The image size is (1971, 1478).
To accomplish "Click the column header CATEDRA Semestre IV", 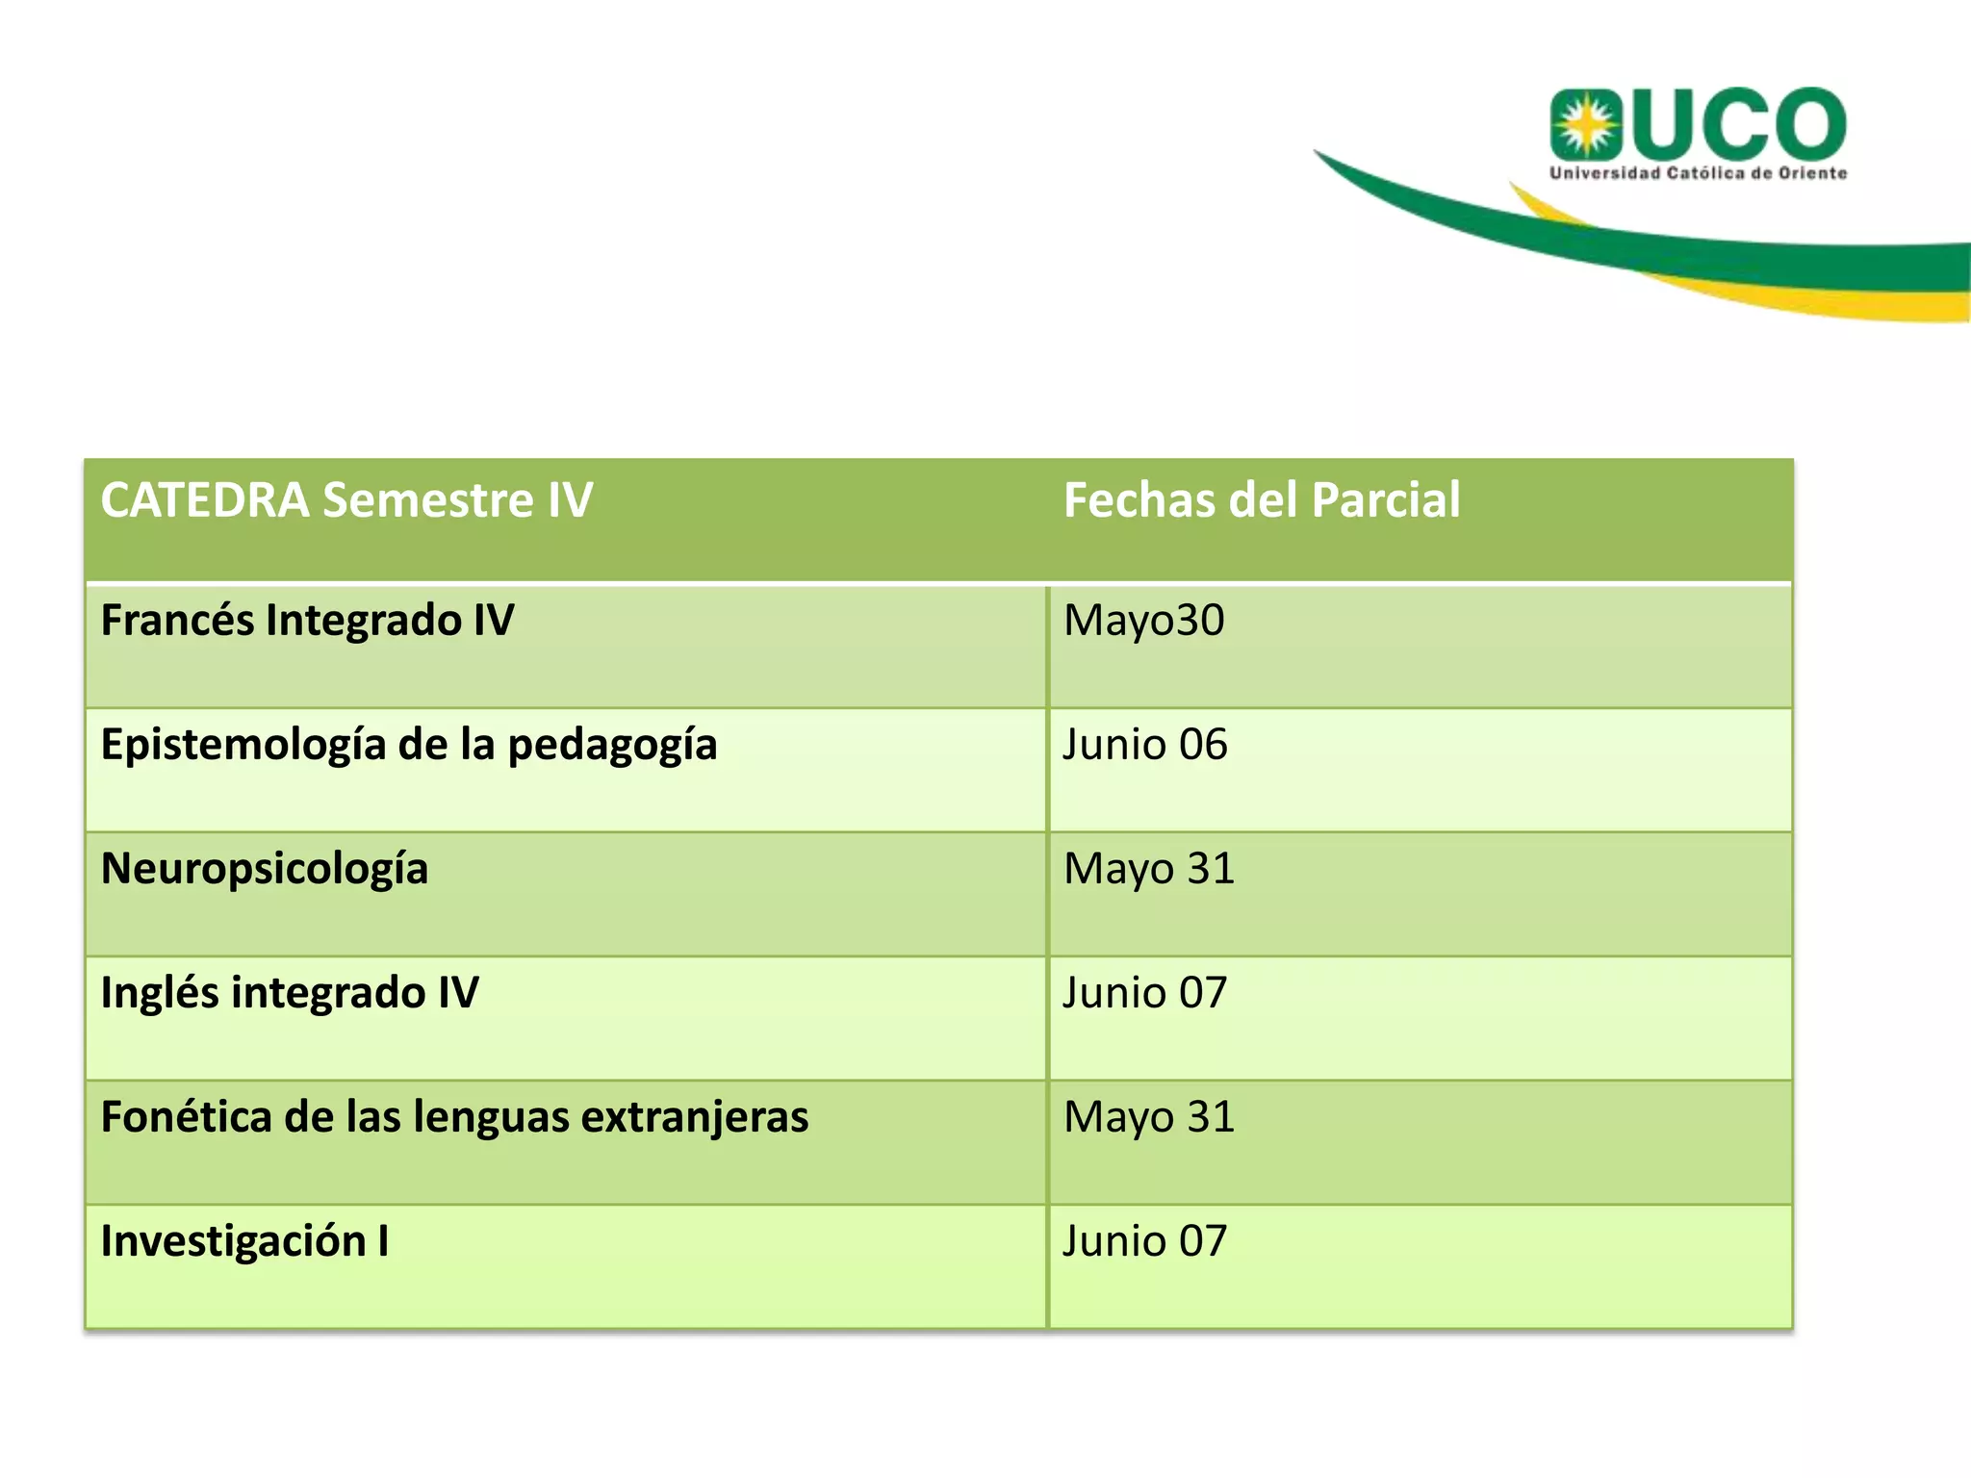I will tap(346, 500).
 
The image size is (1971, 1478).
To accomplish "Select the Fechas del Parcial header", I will tap(1261, 500).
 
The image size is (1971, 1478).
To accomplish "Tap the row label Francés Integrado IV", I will tap(307, 621).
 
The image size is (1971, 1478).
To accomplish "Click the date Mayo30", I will tap(1143, 621).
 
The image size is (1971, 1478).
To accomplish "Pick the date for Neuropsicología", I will tap(1148, 869).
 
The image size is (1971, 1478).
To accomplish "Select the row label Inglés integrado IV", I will tap(290, 993).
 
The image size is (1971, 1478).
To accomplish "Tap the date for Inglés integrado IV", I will tap(1145, 993).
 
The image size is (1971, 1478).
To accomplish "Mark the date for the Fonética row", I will tap(1148, 1117).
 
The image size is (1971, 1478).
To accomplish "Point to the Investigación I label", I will tap(244, 1241).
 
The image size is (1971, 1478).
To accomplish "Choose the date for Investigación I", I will tap(1145, 1241).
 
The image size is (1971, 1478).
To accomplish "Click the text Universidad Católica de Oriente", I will tap(1698, 173).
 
